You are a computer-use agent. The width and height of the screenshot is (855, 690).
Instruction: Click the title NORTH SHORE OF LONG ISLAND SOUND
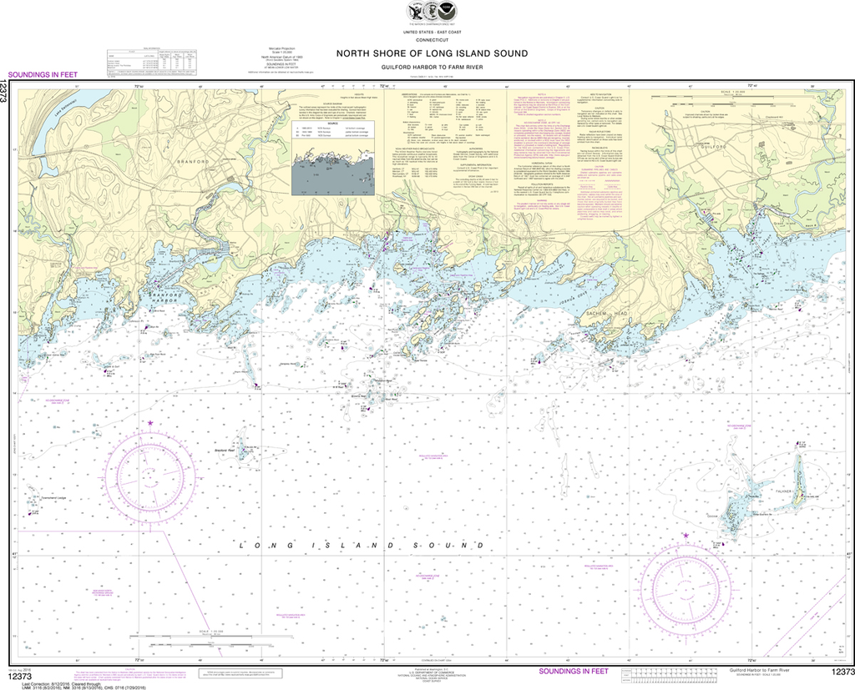pos(432,53)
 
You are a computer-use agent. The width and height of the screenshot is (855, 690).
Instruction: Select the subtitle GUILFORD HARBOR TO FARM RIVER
pos(432,66)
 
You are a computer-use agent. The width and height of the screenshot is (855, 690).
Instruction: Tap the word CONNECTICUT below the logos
pos(432,38)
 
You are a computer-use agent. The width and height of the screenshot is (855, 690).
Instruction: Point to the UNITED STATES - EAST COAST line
pos(432,31)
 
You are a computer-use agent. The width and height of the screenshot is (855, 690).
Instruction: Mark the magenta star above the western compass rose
pos(150,424)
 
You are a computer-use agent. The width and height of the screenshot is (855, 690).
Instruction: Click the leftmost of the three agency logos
pos(414,12)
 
